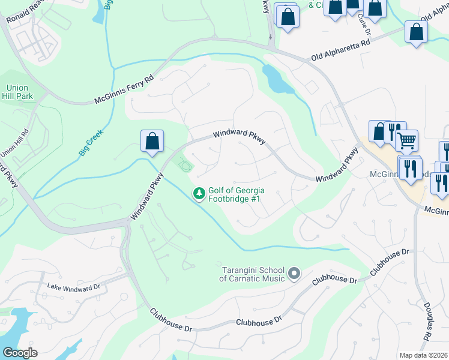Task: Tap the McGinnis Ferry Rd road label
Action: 124,89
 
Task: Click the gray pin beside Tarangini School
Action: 294,274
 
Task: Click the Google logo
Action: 20,353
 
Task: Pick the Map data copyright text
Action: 424,355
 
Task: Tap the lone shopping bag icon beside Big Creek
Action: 152,142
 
